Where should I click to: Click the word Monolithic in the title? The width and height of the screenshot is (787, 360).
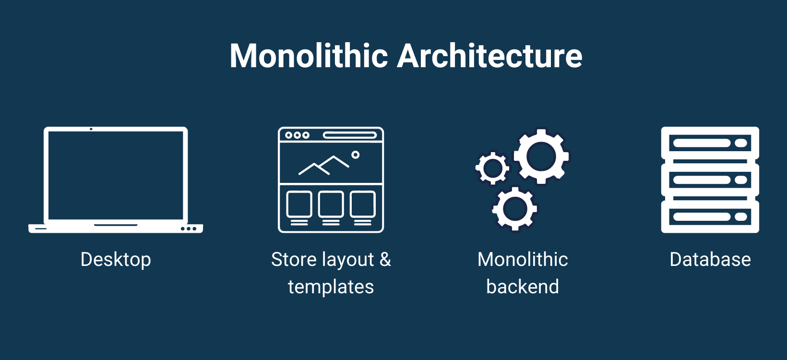click(x=309, y=56)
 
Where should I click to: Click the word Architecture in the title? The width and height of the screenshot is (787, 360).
click(x=490, y=56)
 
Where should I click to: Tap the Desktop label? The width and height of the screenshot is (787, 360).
click(x=116, y=260)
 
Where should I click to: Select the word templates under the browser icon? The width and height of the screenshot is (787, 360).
click(x=331, y=287)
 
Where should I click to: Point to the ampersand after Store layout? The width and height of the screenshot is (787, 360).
click(x=385, y=260)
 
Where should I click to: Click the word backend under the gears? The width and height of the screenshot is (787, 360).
click(x=523, y=287)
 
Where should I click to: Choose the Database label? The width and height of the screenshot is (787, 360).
click(x=710, y=260)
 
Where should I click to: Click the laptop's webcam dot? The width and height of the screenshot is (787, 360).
click(x=91, y=129)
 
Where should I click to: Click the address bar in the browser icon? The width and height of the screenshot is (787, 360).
click(x=349, y=135)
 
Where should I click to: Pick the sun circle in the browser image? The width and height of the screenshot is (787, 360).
click(x=355, y=155)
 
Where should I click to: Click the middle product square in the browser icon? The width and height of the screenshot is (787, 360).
click(x=331, y=204)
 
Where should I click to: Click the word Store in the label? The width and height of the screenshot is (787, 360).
click(x=294, y=260)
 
